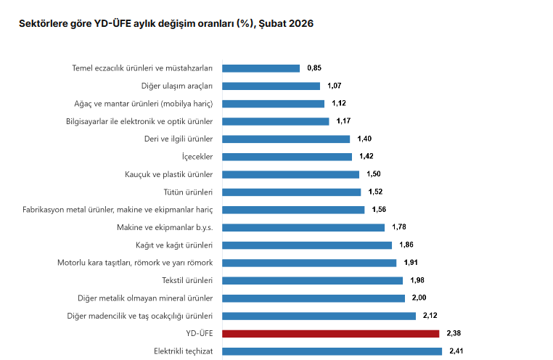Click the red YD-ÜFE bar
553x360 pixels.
330,334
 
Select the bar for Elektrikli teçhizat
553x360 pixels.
332,351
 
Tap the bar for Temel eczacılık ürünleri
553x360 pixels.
261,68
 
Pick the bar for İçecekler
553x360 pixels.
287,157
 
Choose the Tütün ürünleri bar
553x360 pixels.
291,192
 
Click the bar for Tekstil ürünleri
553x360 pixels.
312,280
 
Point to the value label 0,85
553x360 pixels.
314,68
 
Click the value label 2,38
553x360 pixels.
454,334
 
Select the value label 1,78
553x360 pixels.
398,227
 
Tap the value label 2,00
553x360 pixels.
419,298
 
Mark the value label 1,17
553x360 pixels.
343,121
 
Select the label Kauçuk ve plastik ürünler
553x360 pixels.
168,174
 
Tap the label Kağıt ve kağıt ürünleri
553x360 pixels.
173,245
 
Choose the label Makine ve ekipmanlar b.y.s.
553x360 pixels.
164,227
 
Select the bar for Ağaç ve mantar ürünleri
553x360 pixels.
273,104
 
